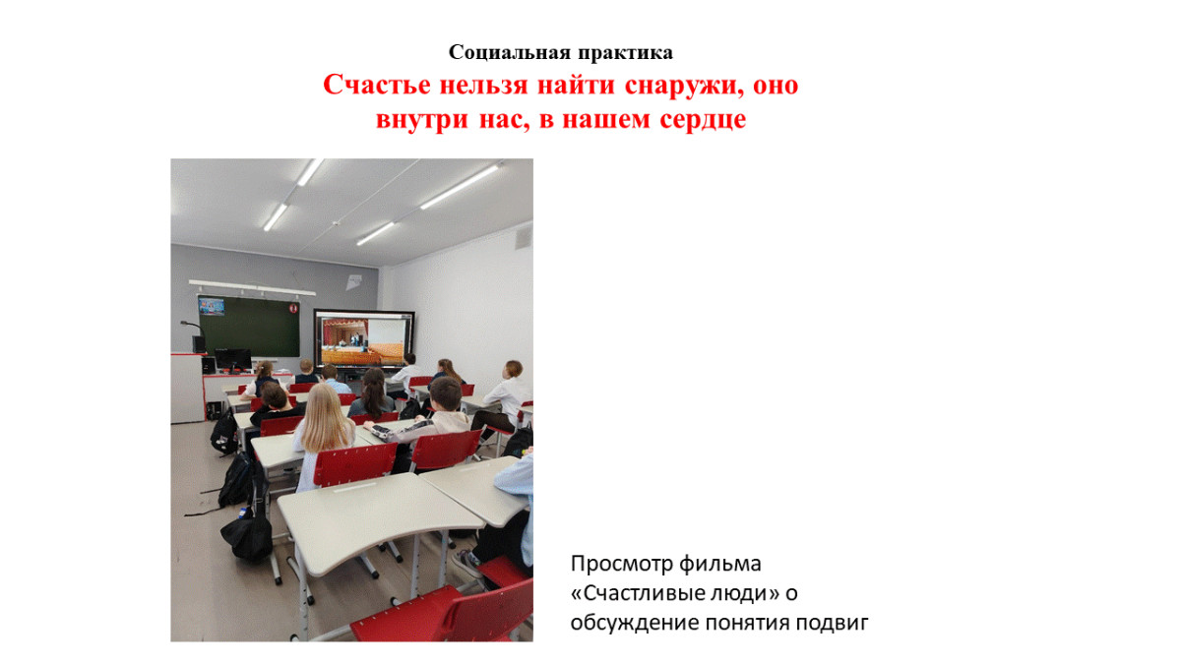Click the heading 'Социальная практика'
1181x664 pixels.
click(561, 52)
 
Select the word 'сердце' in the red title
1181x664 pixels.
click(701, 120)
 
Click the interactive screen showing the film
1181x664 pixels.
click(364, 338)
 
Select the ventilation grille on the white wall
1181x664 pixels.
click(523, 237)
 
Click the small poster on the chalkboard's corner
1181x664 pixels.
click(212, 306)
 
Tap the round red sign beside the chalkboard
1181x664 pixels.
click(292, 308)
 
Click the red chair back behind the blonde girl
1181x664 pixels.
click(353, 464)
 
